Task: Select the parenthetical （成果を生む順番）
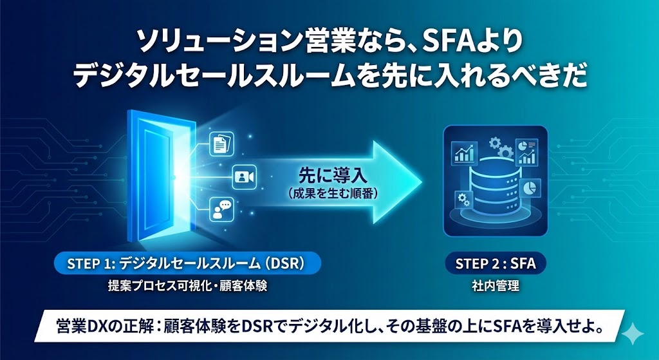[x=324, y=193]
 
